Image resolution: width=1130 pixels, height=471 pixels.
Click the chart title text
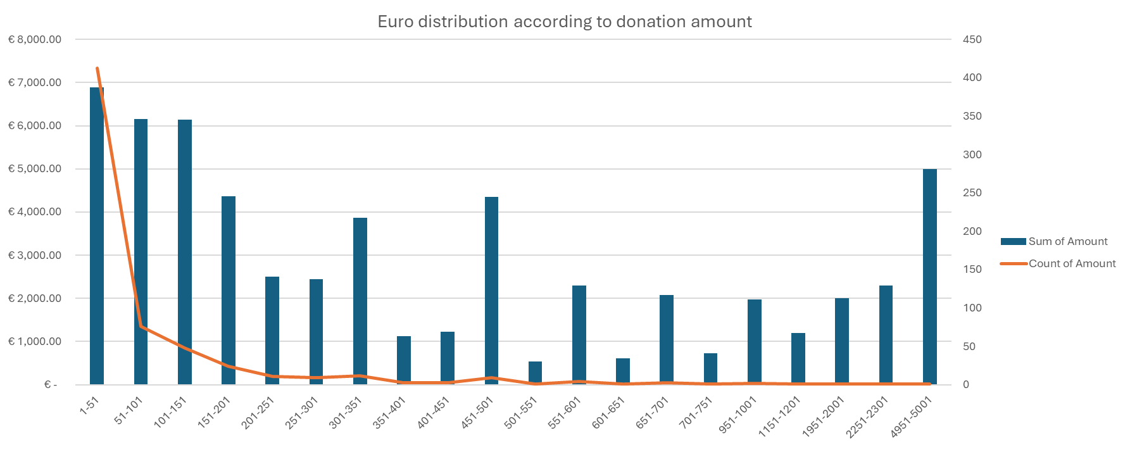click(x=564, y=22)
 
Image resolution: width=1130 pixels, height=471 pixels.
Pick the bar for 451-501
click(x=491, y=291)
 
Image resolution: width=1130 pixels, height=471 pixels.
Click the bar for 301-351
click(x=360, y=301)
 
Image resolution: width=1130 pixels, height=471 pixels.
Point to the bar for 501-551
click(x=535, y=373)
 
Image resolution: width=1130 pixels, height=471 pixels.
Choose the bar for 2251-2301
click(x=886, y=335)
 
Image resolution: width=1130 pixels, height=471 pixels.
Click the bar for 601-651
click(x=623, y=372)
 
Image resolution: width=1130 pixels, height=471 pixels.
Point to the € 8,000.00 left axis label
click(x=35, y=39)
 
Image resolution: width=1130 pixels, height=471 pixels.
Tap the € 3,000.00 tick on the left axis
click(x=35, y=255)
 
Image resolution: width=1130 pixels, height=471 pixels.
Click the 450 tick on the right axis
click(x=972, y=39)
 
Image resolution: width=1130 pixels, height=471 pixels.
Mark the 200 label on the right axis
click(x=972, y=231)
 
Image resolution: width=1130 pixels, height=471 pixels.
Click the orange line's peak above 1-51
click(x=97, y=68)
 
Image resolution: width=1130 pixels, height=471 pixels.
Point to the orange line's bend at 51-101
click(x=141, y=327)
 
